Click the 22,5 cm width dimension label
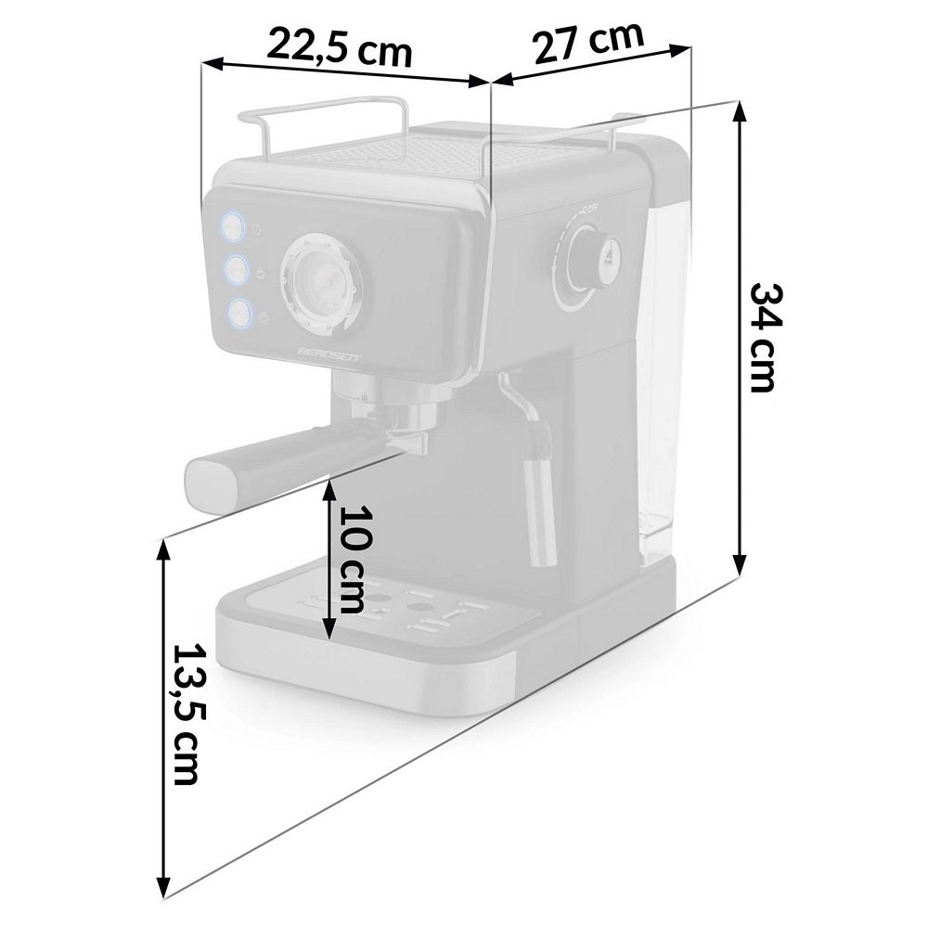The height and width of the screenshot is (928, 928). (339, 48)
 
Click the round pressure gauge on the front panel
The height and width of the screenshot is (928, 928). (320, 279)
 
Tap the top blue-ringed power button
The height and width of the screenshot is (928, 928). (233, 226)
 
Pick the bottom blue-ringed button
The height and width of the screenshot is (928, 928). (239, 313)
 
